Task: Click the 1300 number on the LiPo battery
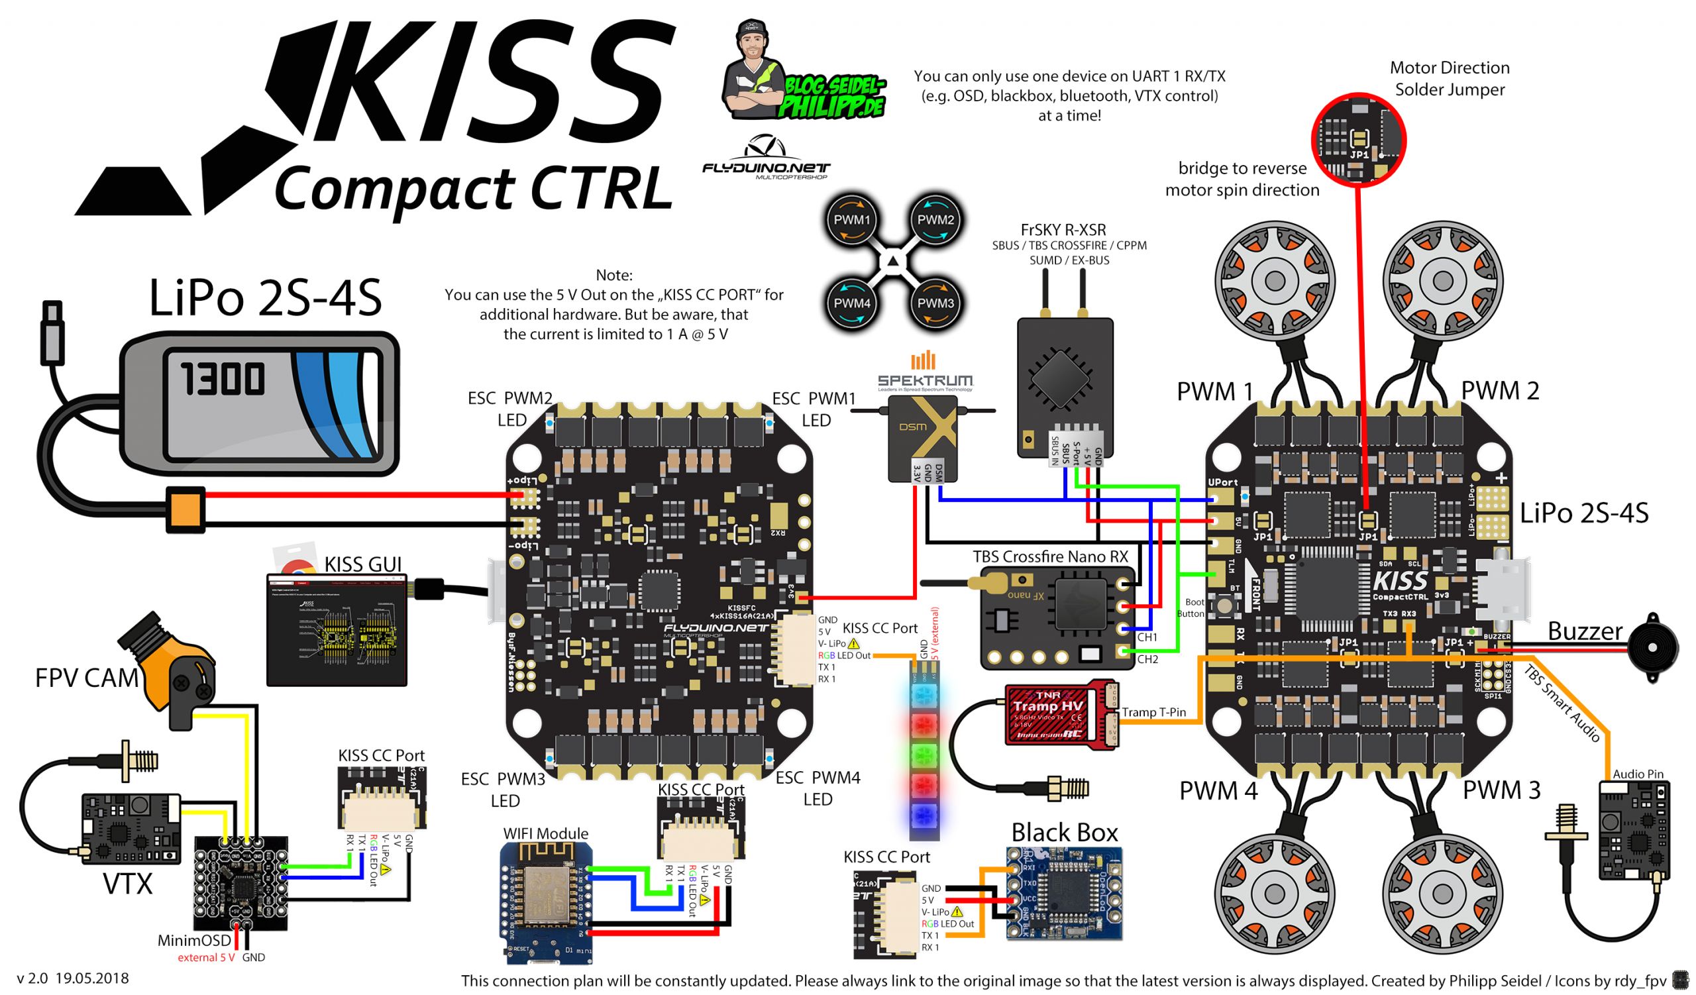coord(222,378)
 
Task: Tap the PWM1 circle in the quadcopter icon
coord(851,219)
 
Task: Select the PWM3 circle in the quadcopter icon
coord(935,303)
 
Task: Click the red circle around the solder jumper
coord(1359,139)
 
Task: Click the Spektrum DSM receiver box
coord(922,437)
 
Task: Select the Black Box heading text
coord(1064,832)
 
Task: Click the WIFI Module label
coord(545,833)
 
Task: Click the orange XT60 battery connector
coord(185,509)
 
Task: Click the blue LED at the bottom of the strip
coord(924,816)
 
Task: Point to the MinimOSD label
coord(194,940)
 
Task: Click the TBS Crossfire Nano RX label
coord(1050,556)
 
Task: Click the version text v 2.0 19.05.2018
coord(73,978)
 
